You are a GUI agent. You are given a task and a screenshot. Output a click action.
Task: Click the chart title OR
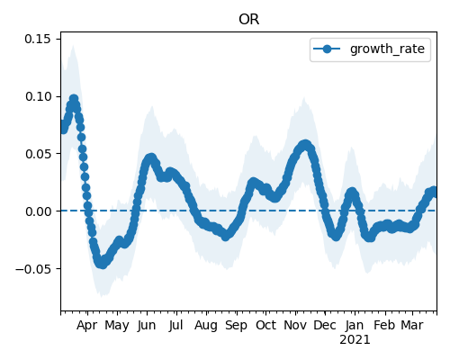tap(248, 20)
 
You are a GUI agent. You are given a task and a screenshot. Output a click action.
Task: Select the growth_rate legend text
tap(387, 49)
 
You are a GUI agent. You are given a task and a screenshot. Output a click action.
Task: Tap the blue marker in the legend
tap(327, 49)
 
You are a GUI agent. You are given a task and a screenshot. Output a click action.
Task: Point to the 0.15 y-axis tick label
tap(38, 39)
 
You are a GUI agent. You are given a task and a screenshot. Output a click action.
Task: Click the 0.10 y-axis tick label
tap(38, 96)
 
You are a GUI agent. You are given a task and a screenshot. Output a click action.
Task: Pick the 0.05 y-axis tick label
tap(38, 154)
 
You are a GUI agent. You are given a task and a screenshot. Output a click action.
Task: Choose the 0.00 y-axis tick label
tap(38, 211)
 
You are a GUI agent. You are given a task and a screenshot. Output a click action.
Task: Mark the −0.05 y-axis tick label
tap(33, 269)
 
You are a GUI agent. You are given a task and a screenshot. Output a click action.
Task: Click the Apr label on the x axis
tap(86, 326)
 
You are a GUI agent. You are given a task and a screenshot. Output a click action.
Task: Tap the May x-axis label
tap(117, 326)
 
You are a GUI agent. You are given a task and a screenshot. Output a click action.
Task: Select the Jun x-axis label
tap(147, 326)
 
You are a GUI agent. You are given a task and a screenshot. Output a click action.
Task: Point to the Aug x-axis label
tap(206, 326)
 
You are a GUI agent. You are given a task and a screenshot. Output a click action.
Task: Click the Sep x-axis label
tap(236, 326)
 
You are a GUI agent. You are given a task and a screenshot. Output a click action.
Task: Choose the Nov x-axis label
tap(295, 326)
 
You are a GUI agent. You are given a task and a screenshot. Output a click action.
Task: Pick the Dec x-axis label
tap(325, 326)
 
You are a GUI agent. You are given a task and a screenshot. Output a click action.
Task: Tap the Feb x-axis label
tap(385, 326)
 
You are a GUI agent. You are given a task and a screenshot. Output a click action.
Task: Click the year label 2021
tap(355, 340)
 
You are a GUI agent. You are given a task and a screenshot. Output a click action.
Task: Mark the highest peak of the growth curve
tap(74, 98)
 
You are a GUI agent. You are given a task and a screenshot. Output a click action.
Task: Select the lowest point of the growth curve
tap(103, 264)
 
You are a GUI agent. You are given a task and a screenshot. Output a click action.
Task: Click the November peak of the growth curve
tap(305, 145)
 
